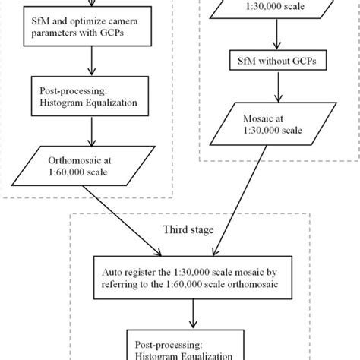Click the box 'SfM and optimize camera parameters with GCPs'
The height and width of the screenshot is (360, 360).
[x=89, y=33]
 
